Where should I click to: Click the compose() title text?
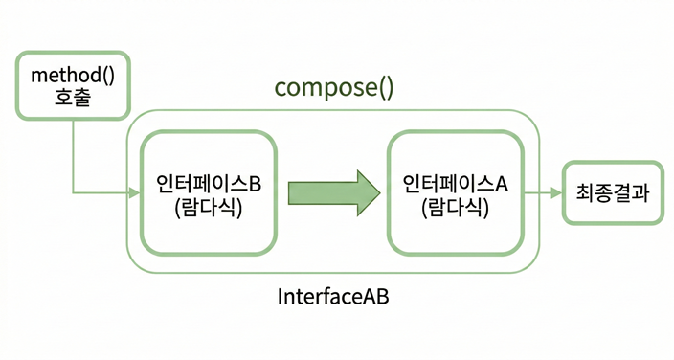click(333, 88)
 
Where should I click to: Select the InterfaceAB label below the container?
click(333, 297)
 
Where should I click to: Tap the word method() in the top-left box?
click(73, 74)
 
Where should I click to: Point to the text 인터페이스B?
click(208, 183)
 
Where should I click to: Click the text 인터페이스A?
click(455, 183)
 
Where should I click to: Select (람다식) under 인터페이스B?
click(209, 207)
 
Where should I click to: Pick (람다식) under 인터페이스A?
click(455, 207)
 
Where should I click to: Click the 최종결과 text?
click(613, 193)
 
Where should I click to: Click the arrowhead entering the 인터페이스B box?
click(135, 193)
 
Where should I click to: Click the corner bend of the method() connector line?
click(73, 193)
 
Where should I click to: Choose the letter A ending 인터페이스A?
click(502, 183)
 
